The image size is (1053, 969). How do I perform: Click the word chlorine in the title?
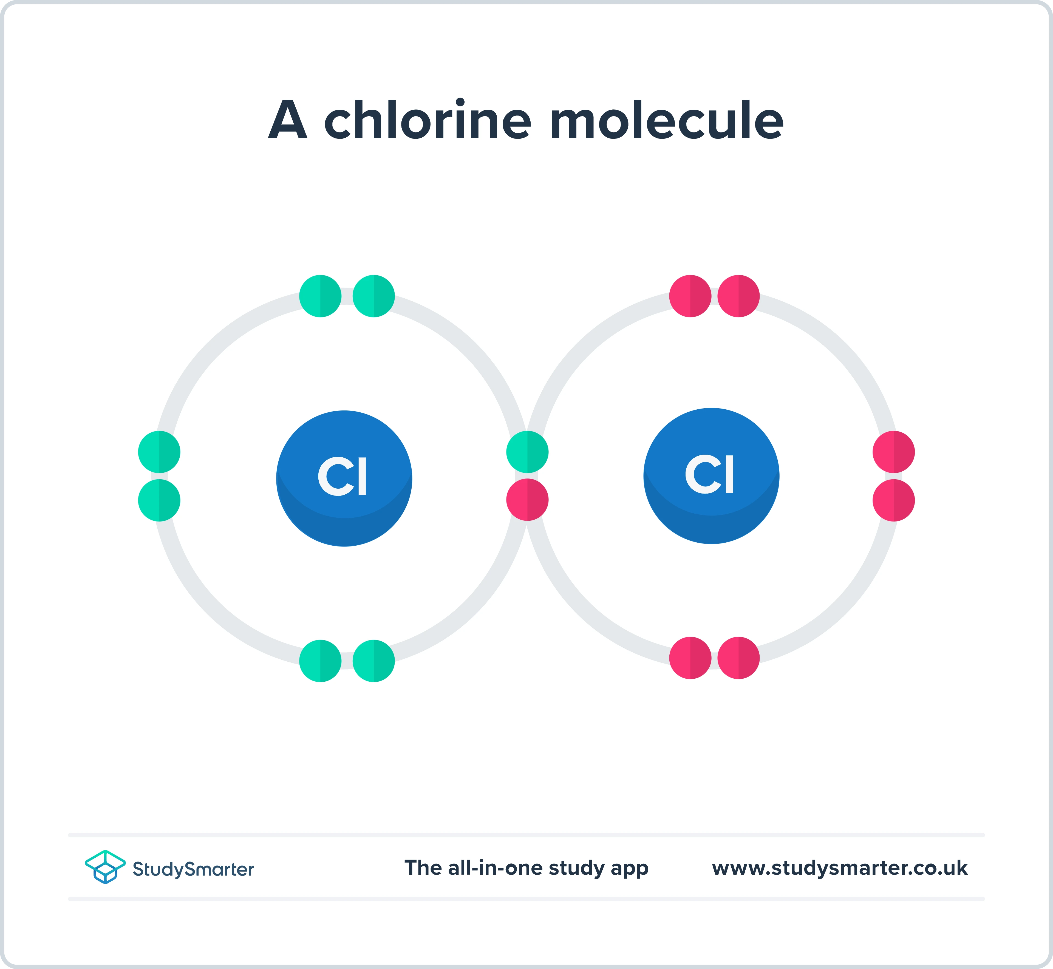[428, 121]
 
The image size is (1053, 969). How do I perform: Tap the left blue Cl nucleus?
[344, 478]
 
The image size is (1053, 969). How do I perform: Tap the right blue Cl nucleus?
[711, 476]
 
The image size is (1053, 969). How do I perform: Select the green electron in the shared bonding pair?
[527, 452]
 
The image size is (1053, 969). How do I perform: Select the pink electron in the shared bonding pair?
[527, 500]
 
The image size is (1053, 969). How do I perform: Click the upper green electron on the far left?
[159, 452]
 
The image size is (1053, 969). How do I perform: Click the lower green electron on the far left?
[159, 500]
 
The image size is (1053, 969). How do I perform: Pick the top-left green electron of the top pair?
[320, 296]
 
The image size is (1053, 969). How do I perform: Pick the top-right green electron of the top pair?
[373, 296]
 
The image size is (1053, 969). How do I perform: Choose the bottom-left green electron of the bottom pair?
[320, 661]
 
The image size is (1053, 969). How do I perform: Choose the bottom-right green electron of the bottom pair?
[373, 661]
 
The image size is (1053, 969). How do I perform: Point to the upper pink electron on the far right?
[894, 452]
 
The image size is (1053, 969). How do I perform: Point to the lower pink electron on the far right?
[894, 500]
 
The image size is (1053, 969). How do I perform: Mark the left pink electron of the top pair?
[690, 296]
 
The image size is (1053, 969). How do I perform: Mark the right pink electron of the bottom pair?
[738, 658]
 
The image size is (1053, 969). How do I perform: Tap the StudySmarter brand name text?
[193, 869]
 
